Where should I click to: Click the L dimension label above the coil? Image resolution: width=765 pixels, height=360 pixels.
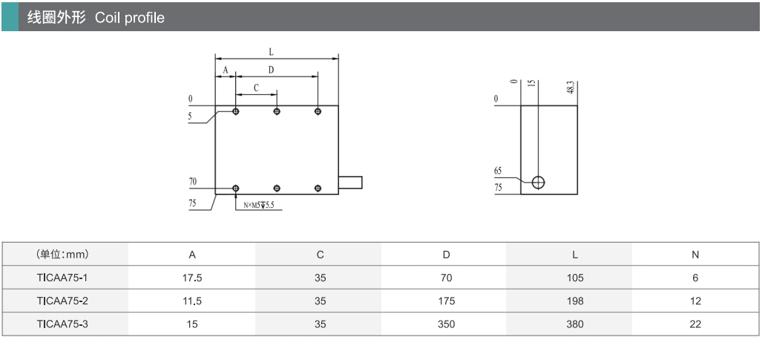pyautogui.click(x=272, y=52)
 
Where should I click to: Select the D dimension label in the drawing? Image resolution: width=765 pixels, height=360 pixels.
pyautogui.click(x=272, y=71)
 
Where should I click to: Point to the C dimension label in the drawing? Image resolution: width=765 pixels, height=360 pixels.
pyautogui.click(x=256, y=88)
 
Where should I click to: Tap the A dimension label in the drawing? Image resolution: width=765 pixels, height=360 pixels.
pyautogui.click(x=226, y=71)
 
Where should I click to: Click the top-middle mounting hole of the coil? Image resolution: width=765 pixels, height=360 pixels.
pyautogui.click(x=277, y=111)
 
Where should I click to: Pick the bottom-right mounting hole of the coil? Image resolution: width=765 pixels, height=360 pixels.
pyautogui.click(x=318, y=189)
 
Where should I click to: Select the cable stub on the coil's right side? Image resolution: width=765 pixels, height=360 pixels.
pyautogui.click(x=350, y=182)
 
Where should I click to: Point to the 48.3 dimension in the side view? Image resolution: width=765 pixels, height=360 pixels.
pyautogui.click(x=571, y=87)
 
